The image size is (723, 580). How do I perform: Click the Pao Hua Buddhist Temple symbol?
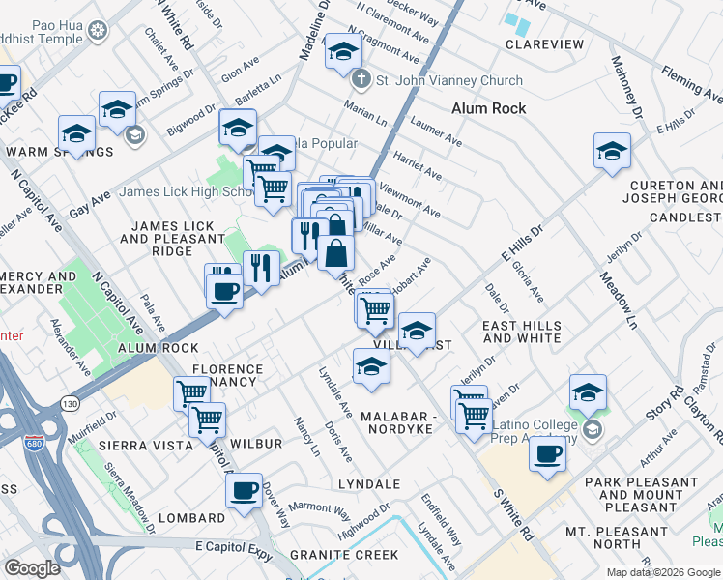(97, 31)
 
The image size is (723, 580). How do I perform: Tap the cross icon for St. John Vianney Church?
(360, 80)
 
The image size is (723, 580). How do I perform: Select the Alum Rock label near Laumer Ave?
(489, 108)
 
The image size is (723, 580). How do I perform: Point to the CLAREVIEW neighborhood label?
(545, 44)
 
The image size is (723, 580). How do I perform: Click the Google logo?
(32, 568)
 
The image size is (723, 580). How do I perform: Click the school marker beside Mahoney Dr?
(612, 150)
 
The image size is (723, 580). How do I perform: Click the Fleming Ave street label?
(691, 84)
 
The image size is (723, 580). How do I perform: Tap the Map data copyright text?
(662, 572)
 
